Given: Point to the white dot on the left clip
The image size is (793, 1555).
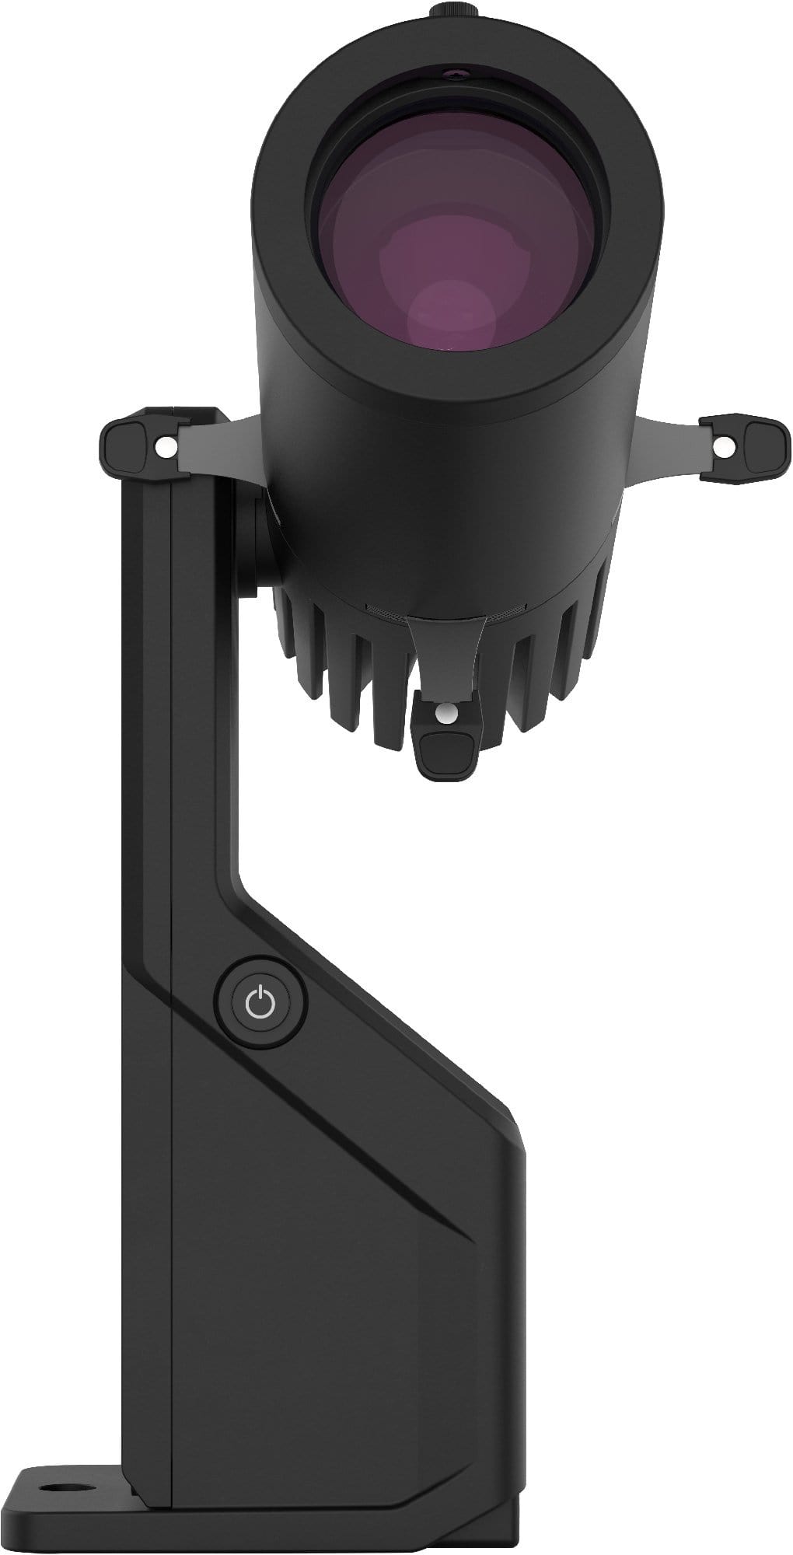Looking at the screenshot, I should pos(165,448).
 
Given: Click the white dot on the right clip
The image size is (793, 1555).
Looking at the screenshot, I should pos(722,446).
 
